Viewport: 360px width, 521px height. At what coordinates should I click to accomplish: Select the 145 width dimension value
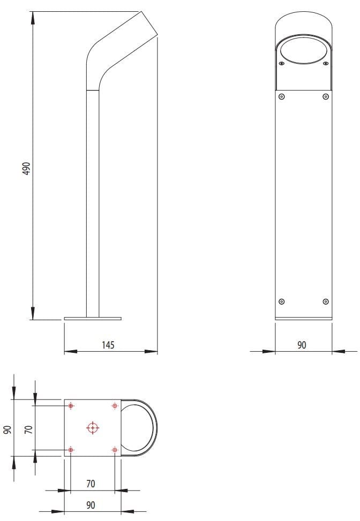click(108, 345)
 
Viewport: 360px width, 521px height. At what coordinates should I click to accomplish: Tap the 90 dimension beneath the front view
click(302, 345)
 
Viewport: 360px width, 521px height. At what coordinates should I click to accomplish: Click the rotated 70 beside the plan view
click(29, 428)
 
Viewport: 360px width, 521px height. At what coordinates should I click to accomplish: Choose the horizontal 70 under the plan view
click(91, 484)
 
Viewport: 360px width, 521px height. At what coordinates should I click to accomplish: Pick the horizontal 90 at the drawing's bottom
click(91, 505)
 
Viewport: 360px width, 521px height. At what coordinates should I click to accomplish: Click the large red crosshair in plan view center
click(93, 427)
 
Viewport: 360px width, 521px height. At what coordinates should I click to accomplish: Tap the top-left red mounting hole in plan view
click(71, 406)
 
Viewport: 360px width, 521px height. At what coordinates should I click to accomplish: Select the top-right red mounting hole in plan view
click(114, 406)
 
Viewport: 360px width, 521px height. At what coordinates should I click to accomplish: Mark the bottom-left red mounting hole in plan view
click(71, 449)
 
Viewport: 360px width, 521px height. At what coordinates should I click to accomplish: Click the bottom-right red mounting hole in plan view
click(114, 449)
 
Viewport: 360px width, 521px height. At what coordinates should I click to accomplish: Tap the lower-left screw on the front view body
click(282, 301)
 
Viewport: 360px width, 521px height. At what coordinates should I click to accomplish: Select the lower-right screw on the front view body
click(325, 301)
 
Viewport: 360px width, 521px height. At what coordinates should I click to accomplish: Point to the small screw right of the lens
click(325, 64)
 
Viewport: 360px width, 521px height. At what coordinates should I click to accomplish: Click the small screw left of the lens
click(281, 64)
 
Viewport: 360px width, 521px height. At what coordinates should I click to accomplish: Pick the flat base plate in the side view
click(93, 319)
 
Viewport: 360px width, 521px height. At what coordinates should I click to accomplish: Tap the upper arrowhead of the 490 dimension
click(33, 18)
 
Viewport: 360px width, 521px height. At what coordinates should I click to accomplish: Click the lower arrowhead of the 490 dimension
click(33, 313)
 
